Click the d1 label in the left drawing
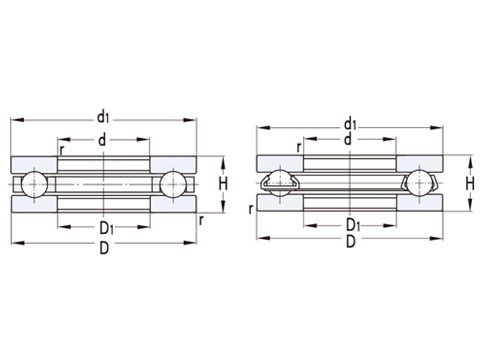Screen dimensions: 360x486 [103, 117]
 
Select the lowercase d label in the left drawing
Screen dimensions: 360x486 [103, 139]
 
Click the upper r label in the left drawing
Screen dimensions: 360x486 [62, 151]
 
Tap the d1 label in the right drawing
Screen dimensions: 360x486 [350, 123]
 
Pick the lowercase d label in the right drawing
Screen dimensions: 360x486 [348, 140]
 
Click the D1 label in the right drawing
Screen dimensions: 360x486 [352, 225]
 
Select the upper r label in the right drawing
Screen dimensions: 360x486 [299, 148]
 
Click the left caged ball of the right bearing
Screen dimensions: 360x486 [281, 184]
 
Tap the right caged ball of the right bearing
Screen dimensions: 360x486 [420, 184]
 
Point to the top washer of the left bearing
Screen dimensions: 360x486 [105, 164]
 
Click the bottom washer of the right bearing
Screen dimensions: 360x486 [350, 203]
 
